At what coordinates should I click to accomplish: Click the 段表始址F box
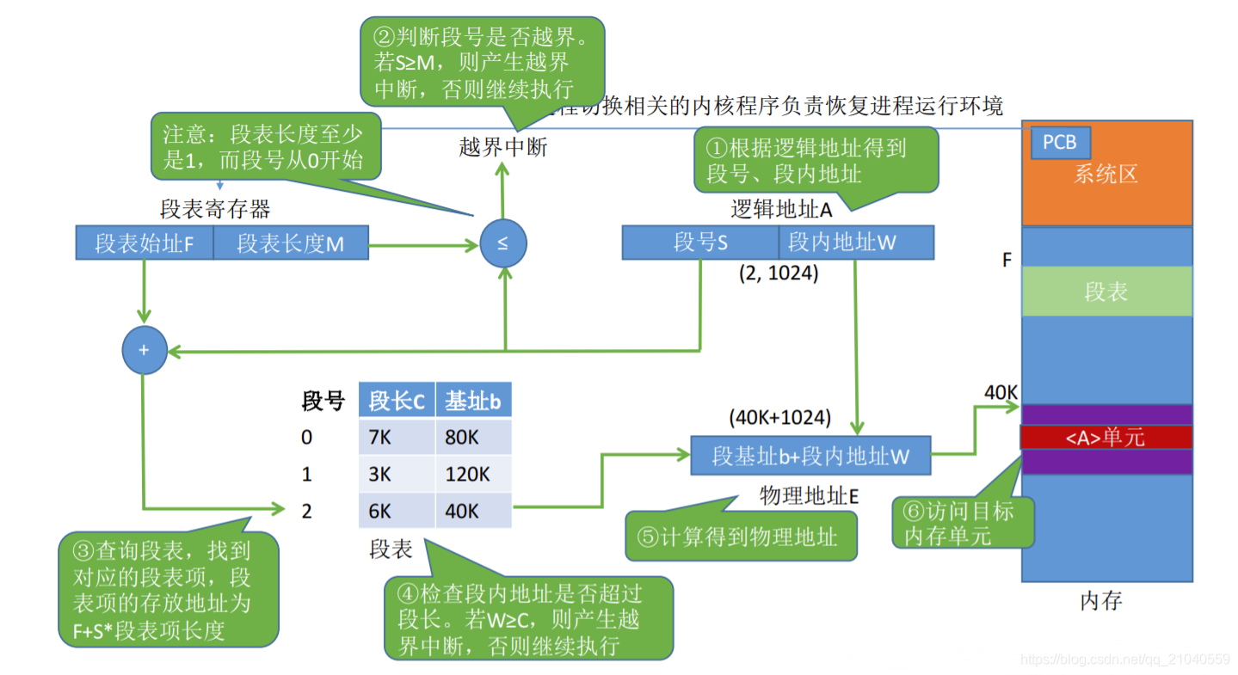pos(144,244)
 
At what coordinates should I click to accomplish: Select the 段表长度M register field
pos(291,244)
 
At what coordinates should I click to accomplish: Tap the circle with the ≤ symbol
pos(502,243)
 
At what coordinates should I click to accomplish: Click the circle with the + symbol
pos(145,351)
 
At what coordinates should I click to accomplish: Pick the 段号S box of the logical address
pos(700,242)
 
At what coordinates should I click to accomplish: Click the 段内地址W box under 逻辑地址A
pos(855,242)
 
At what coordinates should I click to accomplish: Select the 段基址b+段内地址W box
pos(810,455)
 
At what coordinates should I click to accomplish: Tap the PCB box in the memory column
pos(1060,143)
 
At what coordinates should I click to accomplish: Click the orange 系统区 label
pos(1106,175)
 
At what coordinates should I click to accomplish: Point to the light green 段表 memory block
pos(1106,291)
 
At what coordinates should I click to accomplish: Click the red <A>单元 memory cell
pos(1106,437)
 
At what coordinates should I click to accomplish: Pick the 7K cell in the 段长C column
pos(397,438)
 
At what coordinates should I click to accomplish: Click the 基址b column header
pos(473,401)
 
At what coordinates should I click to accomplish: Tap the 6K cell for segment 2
pos(397,512)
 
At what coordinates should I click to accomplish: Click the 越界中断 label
pos(503,147)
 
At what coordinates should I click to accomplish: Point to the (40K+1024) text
pos(779,419)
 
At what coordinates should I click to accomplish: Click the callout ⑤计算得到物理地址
pos(740,537)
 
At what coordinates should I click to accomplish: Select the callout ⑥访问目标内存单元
pos(962,523)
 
